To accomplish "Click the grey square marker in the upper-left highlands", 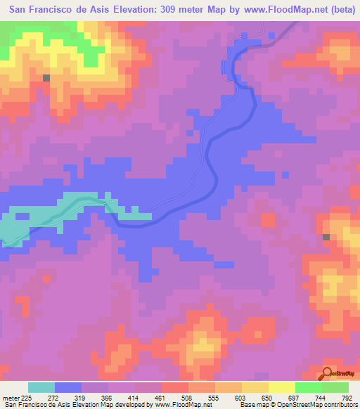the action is [47, 78].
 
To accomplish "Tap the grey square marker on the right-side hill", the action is [326, 238].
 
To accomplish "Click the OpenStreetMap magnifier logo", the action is [328, 373].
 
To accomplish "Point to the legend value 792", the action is [347, 397].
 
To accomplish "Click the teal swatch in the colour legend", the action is [41, 387].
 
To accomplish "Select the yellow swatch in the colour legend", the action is [281, 387].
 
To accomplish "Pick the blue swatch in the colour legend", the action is [68, 387].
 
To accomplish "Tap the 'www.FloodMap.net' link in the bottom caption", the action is [184, 405].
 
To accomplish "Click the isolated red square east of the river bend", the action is [268, 219].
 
